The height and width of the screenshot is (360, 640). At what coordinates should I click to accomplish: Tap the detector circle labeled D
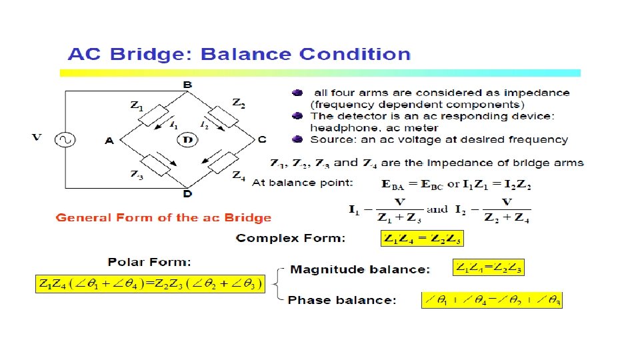coord(188,139)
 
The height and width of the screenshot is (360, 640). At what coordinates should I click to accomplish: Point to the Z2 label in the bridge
coord(238,103)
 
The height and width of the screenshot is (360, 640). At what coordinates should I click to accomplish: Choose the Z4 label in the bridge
coord(238,176)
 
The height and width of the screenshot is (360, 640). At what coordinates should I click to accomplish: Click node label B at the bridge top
coord(188,85)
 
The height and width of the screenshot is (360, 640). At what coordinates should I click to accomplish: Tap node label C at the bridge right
coord(261,139)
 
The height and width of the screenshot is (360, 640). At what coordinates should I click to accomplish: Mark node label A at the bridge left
coord(109,140)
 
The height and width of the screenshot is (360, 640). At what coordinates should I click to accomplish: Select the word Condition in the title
coord(355,54)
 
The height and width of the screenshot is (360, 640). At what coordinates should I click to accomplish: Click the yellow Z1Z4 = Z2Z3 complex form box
coord(422,238)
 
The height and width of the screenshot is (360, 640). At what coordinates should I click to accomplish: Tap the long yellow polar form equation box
coord(150,285)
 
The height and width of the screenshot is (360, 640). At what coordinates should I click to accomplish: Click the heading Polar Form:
coord(149,262)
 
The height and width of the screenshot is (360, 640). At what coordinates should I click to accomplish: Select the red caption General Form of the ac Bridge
coord(163,217)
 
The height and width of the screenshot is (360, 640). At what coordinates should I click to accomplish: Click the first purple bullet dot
coord(297,93)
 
